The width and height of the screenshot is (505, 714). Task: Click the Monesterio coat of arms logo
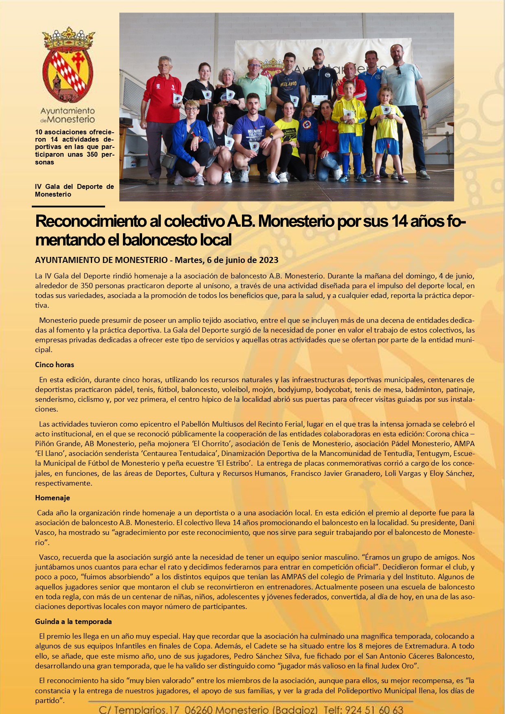click(68, 65)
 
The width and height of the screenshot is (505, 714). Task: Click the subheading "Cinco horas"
click(55, 365)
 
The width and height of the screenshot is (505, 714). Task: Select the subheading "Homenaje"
click(53, 498)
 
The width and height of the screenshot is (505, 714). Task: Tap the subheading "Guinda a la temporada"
click(73, 622)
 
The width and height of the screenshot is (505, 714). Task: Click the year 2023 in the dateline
click(269, 260)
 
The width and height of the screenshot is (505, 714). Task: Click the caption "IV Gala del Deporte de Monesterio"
click(74, 191)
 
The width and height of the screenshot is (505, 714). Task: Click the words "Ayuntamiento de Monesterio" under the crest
click(68, 115)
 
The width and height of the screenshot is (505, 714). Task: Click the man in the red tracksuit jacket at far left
click(161, 118)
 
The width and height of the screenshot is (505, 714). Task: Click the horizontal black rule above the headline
click(70, 207)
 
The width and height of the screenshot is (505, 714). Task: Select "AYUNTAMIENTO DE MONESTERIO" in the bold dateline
click(101, 260)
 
